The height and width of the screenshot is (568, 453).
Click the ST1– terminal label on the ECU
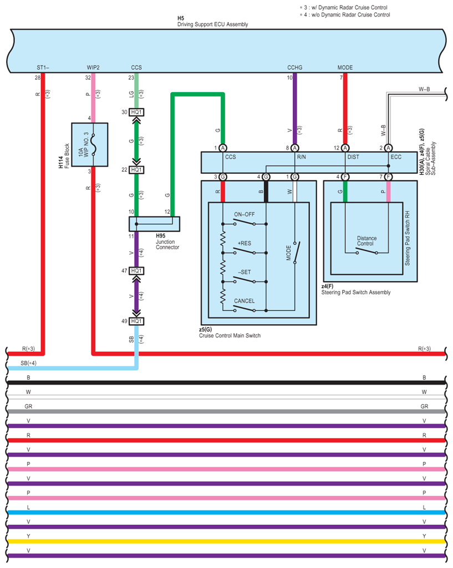point(43,67)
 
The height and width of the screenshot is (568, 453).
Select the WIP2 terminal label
point(93,67)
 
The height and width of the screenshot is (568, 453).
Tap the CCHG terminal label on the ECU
point(294,67)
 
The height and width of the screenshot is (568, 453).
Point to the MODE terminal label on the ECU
point(345,67)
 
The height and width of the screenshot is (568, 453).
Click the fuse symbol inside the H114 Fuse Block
point(93,144)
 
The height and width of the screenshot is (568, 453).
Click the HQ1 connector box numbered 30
point(136,112)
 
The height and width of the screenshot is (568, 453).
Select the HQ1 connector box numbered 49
point(136,321)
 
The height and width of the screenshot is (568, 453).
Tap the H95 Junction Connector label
point(167,242)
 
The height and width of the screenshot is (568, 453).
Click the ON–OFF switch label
point(244,214)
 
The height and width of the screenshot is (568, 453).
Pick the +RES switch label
point(244,243)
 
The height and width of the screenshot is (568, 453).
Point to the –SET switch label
point(244,272)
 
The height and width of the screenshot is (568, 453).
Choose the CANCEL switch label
point(244,301)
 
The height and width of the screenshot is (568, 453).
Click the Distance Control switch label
point(367,241)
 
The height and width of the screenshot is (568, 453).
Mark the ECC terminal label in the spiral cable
point(396,157)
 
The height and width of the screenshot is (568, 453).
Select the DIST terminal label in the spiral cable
point(353,157)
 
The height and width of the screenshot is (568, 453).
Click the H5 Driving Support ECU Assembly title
point(212,21)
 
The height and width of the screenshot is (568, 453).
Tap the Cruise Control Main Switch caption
point(230,335)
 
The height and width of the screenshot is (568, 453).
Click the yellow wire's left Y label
point(28,536)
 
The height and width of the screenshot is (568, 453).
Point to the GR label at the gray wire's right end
point(424,406)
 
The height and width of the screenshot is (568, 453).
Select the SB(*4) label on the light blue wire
point(29,363)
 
